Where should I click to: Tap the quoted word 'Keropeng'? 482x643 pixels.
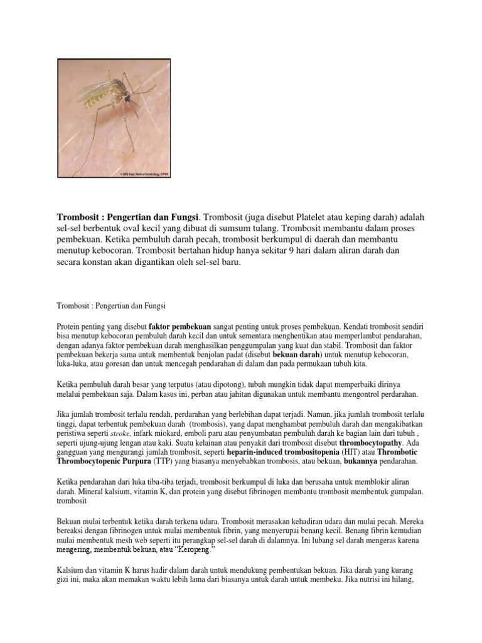coord(193,549)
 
